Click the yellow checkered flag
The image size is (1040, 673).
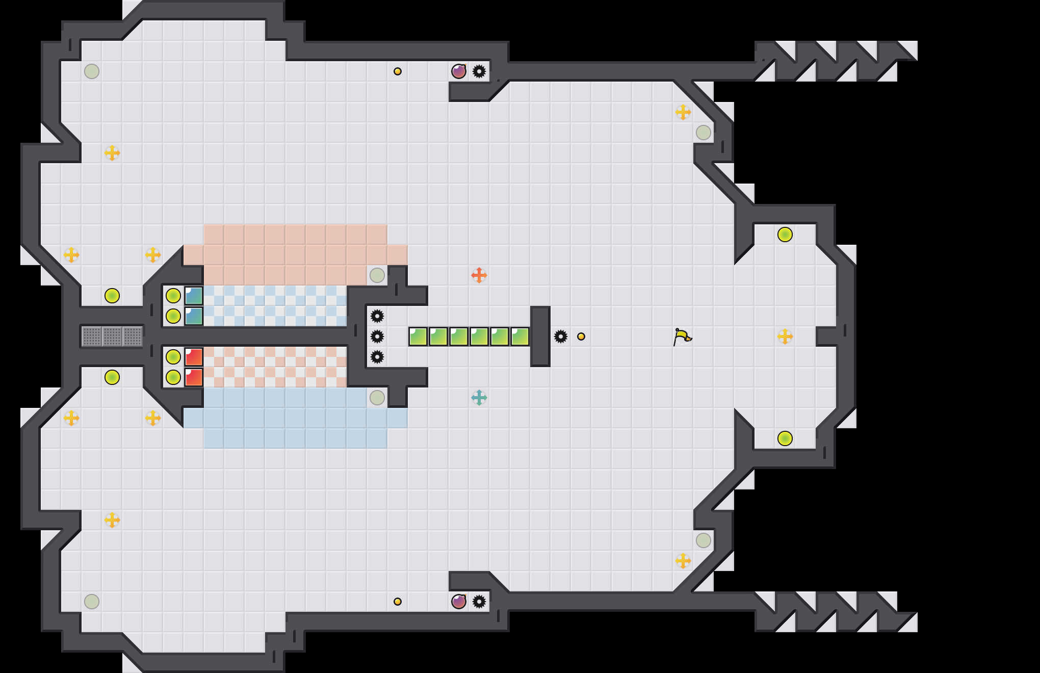[x=682, y=336]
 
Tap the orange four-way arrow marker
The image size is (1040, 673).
[x=479, y=275]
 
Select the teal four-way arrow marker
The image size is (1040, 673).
[x=479, y=397]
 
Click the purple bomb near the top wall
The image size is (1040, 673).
[x=458, y=71]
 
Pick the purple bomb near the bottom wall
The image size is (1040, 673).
[x=458, y=602]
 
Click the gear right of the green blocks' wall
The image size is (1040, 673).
[x=560, y=336]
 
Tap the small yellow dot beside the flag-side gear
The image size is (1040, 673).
[x=581, y=336]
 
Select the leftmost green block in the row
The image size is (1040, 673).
[x=418, y=336]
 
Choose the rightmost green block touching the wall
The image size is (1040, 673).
[x=520, y=336]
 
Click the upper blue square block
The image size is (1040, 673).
[x=194, y=296]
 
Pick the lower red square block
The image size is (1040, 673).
[x=194, y=377]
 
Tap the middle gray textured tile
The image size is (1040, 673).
[x=112, y=336]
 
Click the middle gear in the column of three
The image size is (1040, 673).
[x=377, y=336]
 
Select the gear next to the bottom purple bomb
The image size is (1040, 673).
[x=479, y=602]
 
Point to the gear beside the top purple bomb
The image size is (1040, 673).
[x=479, y=71]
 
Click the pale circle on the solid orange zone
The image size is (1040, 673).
[x=377, y=275]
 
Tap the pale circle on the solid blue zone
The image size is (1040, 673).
[x=377, y=398]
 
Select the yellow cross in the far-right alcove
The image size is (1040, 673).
[x=785, y=336]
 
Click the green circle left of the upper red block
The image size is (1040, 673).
[x=173, y=357]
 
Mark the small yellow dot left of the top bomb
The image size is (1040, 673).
[x=398, y=71]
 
